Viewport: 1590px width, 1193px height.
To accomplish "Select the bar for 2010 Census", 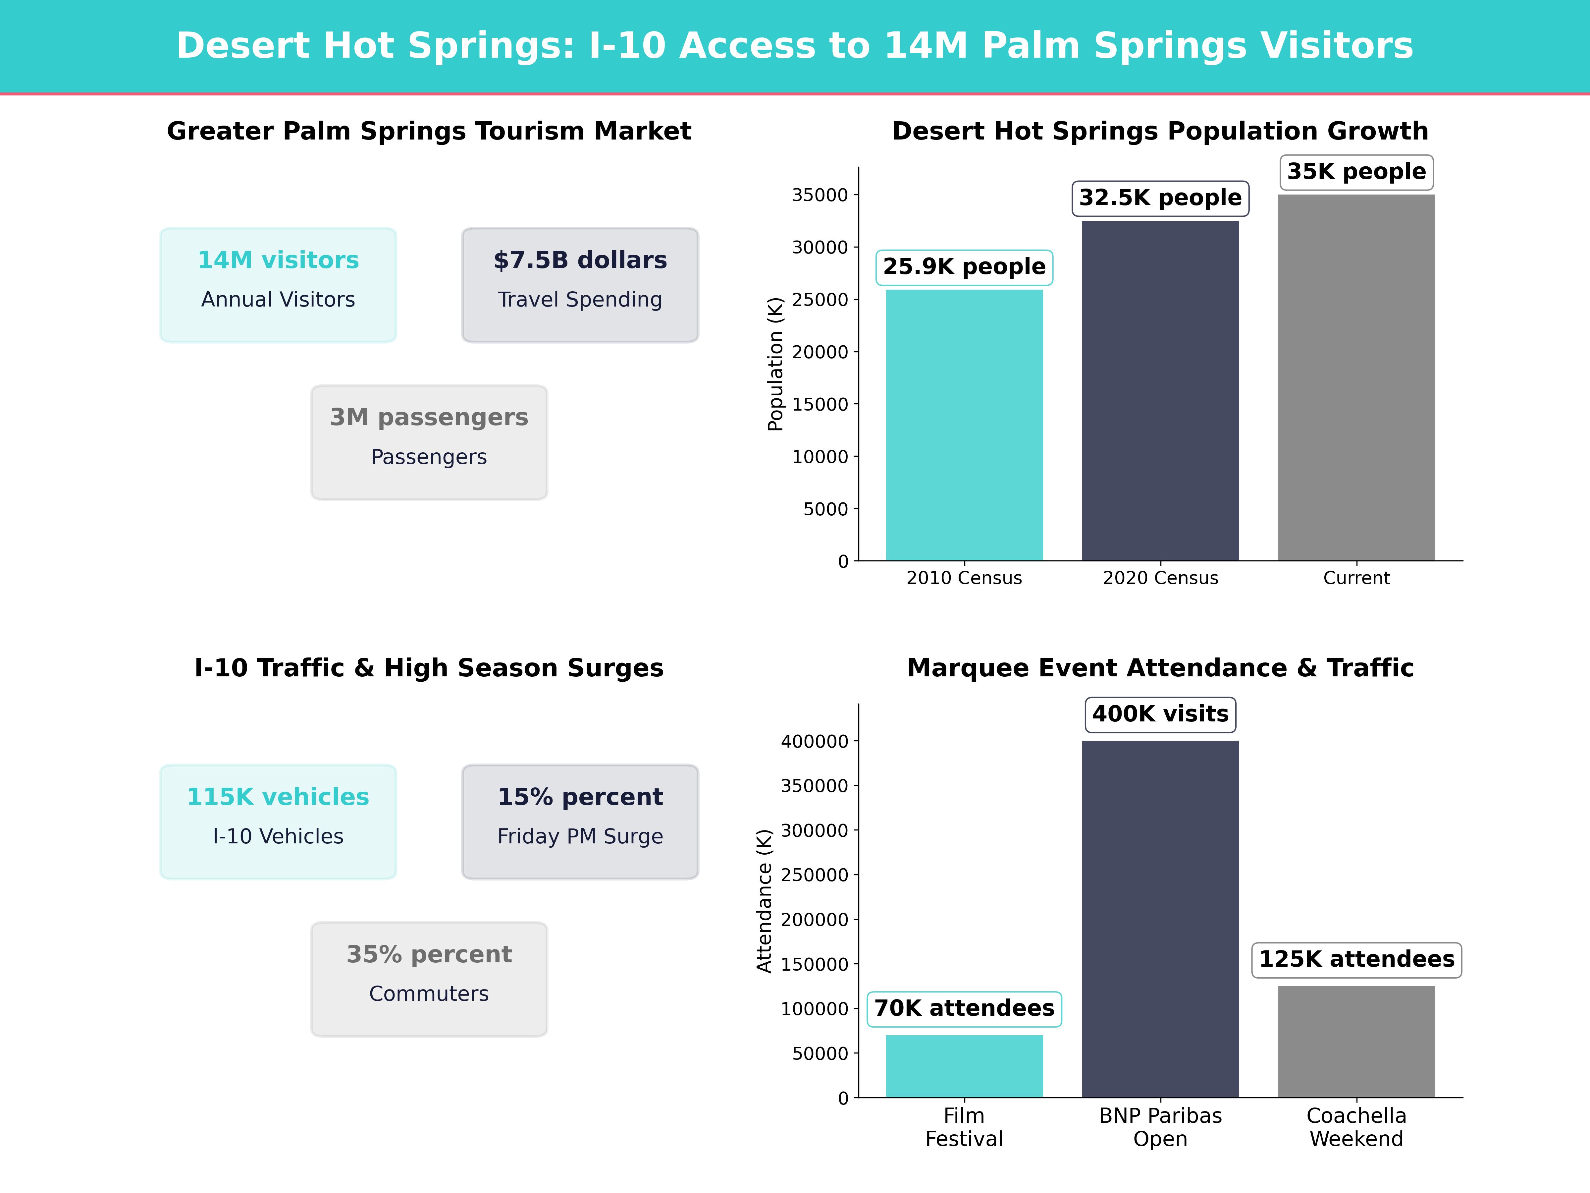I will (x=964, y=424).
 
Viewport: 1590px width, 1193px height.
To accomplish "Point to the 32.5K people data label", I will (x=1160, y=198).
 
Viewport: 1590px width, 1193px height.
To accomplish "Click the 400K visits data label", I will (x=1160, y=714).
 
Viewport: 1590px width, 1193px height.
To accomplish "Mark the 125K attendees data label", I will (x=1356, y=959).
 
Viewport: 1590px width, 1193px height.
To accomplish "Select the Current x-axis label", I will (x=1356, y=578).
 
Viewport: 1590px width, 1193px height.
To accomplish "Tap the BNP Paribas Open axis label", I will (x=1160, y=1127).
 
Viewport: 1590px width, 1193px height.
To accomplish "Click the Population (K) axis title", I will (x=775, y=364).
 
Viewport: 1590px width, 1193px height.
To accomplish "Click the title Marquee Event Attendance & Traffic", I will (x=1160, y=668).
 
